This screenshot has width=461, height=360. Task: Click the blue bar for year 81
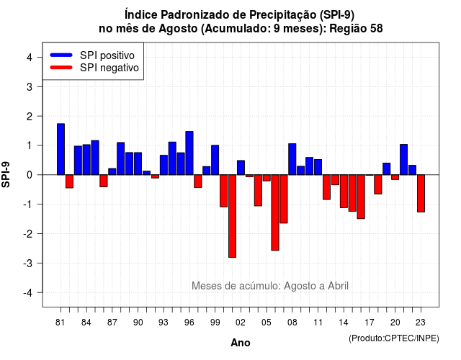pos(61,149)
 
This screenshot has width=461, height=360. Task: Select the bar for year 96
pos(189,153)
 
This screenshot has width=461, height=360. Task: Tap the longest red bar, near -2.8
pos(232,216)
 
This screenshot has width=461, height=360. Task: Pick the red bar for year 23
pos(421,194)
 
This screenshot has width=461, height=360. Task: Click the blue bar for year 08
pos(292,159)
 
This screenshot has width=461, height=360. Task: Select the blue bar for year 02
pos(241,168)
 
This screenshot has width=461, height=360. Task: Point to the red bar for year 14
pos(344,192)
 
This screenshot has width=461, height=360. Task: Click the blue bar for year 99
pos(215,160)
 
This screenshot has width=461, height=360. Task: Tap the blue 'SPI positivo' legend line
pos(61,55)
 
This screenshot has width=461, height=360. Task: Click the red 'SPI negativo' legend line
pos(61,67)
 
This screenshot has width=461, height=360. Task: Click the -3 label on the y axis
pos(28,264)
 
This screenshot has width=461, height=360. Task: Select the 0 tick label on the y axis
pos(30,175)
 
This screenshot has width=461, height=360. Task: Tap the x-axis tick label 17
pos(370,323)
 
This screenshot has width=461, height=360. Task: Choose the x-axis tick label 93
pos(164,323)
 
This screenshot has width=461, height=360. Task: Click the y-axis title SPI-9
pos(6,174)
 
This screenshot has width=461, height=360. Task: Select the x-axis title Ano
pos(241,343)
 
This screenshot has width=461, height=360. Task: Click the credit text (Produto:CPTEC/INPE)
pos(394,338)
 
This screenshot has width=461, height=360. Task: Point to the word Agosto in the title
pos(178,29)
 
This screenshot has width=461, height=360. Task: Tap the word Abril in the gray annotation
pos(338,286)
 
